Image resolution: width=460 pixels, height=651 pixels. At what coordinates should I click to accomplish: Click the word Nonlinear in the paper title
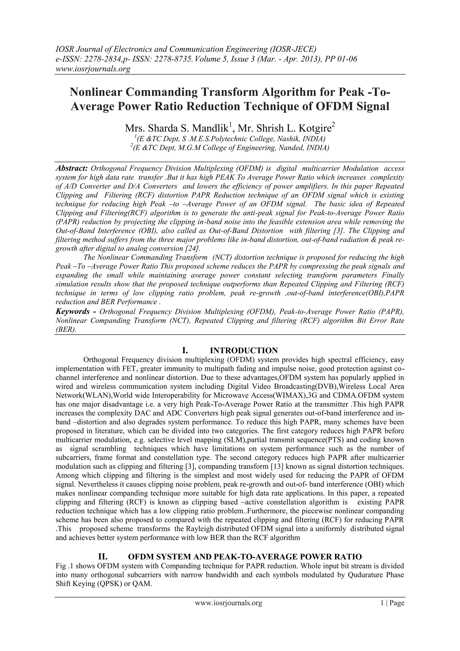95,92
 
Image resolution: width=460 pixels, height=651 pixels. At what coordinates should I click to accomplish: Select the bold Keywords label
73,312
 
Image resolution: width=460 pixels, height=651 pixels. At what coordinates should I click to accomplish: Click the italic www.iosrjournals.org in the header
93,69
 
